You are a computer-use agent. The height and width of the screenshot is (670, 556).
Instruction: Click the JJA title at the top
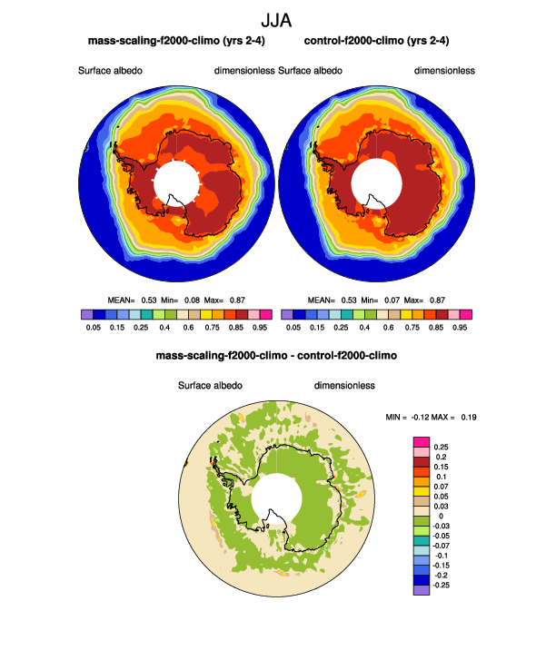[276, 19]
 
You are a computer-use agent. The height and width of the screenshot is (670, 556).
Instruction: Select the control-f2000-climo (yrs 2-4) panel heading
[375, 42]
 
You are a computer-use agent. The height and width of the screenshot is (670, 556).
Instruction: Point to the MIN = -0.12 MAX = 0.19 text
[432, 417]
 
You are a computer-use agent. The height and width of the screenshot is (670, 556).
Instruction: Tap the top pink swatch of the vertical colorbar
[421, 440]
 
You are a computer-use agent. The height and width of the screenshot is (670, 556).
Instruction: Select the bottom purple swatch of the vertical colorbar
[421, 590]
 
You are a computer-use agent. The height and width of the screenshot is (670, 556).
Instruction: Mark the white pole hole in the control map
[376, 182]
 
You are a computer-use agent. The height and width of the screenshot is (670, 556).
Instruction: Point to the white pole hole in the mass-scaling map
[176, 182]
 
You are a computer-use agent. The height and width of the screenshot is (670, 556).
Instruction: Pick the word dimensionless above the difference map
[345, 386]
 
